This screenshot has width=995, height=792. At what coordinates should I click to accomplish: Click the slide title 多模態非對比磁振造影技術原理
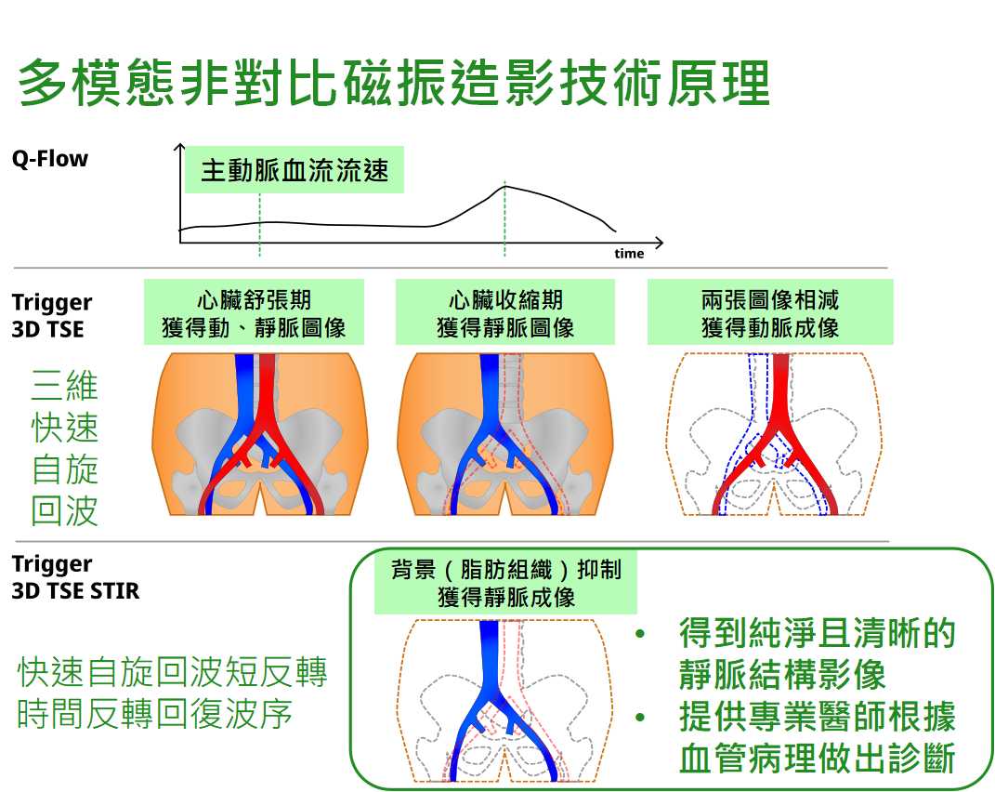pyautogui.click(x=394, y=84)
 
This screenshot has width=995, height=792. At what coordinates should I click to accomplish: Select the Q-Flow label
pyautogui.click(x=49, y=159)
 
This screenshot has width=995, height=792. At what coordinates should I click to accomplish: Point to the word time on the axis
pyautogui.click(x=629, y=254)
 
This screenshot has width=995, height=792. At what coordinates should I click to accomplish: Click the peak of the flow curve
pyautogui.click(x=505, y=187)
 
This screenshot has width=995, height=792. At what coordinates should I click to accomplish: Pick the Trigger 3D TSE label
pyautogui.click(x=51, y=315)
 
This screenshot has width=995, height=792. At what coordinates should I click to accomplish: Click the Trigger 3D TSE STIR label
pyautogui.click(x=75, y=576)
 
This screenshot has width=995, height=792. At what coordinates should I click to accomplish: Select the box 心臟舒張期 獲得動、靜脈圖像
pyautogui.click(x=254, y=313)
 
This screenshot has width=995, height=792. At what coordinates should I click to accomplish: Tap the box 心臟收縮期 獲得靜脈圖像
pyautogui.click(x=504, y=313)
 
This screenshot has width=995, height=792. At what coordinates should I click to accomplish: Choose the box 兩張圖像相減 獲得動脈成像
pyautogui.click(x=769, y=313)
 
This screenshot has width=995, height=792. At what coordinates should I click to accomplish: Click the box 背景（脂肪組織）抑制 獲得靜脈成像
pyautogui.click(x=506, y=582)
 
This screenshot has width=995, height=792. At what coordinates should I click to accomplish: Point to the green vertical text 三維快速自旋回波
pyautogui.click(x=64, y=448)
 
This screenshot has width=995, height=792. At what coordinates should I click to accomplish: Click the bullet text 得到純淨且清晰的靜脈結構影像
pyautogui.click(x=817, y=654)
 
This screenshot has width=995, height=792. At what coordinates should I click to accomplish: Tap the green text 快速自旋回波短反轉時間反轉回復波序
pyautogui.click(x=173, y=693)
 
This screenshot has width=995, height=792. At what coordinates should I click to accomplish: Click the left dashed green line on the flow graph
pyautogui.click(x=260, y=232)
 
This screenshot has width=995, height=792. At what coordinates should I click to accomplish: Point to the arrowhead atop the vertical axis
pyautogui.click(x=180, y=147)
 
